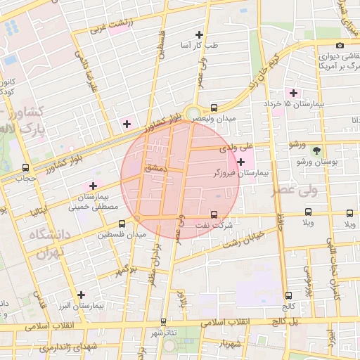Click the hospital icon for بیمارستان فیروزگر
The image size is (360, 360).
coord(241,162)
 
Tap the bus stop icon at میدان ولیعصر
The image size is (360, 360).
coord(214,108)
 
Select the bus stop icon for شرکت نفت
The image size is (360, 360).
coord(214,214)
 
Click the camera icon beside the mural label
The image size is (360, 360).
coord(340,46)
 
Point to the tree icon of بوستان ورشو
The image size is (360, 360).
coord(316,150)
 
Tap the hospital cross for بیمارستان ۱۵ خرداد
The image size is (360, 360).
coord(293,93)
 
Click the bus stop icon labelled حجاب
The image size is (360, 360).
coord(26,167)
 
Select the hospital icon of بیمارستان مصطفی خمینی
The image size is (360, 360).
coord(93,186)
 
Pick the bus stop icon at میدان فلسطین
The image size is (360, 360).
coord(103,224)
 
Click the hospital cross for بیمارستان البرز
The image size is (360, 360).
coord(82,295)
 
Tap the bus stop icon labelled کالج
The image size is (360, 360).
coord(288,296)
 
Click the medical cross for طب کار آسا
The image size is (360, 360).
coord(199,34)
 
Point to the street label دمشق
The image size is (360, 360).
coord(153,169)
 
